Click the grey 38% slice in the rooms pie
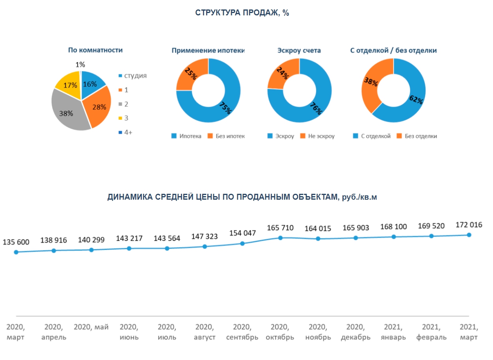[67, 112]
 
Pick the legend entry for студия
[132, 76]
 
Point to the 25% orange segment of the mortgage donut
[191, 74]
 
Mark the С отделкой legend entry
[372, 136]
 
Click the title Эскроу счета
[299, 50]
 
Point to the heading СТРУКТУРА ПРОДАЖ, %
[242, 13]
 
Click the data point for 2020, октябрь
[280, 238]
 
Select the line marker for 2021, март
[469, 235]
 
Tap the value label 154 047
[243, 233]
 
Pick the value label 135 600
[16, 242]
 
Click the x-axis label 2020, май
[91, 327]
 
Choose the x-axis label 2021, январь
[393, 332]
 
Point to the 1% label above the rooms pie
[80, 65]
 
